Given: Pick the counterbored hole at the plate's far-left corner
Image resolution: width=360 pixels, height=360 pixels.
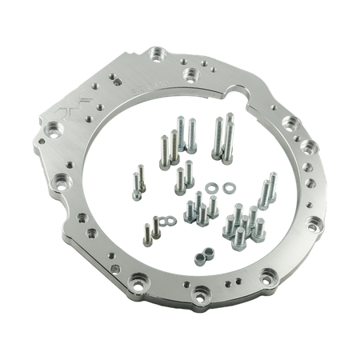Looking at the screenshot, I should [58, 126].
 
